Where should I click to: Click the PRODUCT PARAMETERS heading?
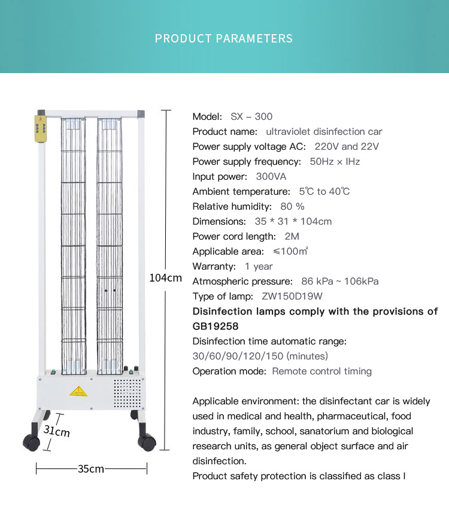click(x=224, y=39)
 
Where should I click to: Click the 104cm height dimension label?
click(x=165, y=278)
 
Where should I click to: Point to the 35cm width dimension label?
click(x=91, y=468)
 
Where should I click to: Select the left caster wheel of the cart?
click(x=31, y=443)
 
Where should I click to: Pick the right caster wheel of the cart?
click(x=147, y=443)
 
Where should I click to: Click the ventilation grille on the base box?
click(x=126, y=391)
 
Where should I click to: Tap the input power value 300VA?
click(x=271, y=176)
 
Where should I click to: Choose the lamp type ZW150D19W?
click(x=292, y=296)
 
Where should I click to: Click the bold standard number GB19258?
click(x=216, y=326)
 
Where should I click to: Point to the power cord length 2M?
click(x=292, y=236)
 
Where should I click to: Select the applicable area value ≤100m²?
click(x=290, y=251)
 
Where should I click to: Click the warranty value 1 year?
click(x=259, y=266)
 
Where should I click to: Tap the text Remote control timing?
click(x=321, y=371)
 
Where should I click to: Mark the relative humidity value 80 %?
click(x=292, y=206)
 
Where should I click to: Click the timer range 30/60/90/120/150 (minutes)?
click(x=260, y=356)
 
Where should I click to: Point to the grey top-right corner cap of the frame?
click(x=141, y=113)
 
